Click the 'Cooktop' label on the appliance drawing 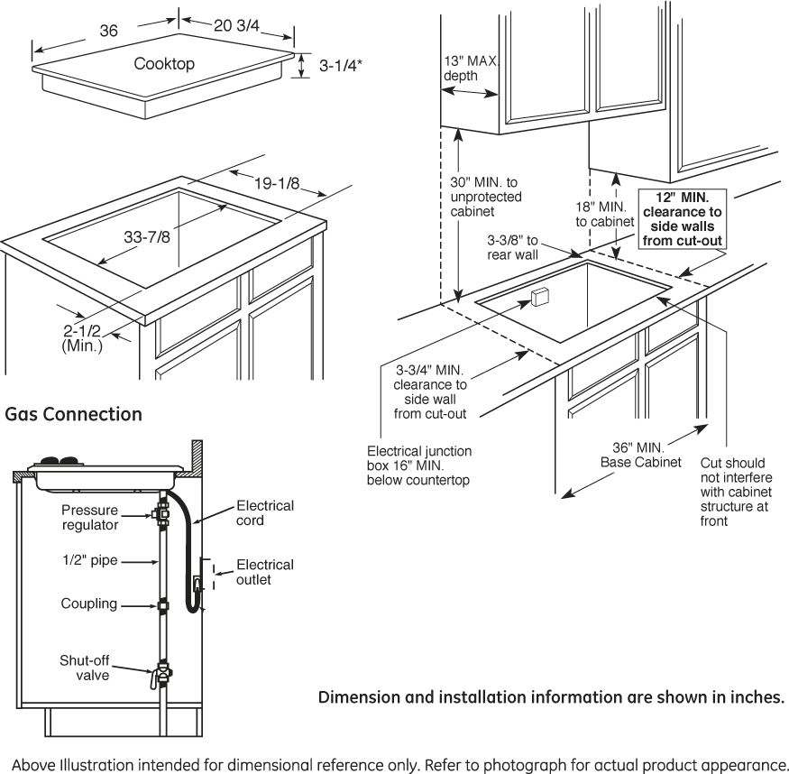coord(164,64)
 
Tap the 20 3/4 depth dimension coord(236,25)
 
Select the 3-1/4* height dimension coord(341,66)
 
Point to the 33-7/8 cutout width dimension coord(147,236)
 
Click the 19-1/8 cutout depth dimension coord(276,183)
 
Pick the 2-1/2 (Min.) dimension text coord(82,338)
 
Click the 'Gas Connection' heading coord(73,414)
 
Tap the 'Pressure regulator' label coord(89,517)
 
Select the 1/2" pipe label coord(90,560)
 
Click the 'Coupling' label coord(89,604)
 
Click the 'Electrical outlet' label coord(265,572)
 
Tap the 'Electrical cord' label coord(265,512)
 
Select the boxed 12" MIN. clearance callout coord(683,219)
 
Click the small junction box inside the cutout coord(540,297)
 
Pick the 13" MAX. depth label coord(471,69)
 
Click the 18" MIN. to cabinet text coord(605,214)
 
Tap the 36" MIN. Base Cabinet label coord(640,455)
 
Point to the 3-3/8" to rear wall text coord(512,247)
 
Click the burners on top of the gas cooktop coord(60,460)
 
